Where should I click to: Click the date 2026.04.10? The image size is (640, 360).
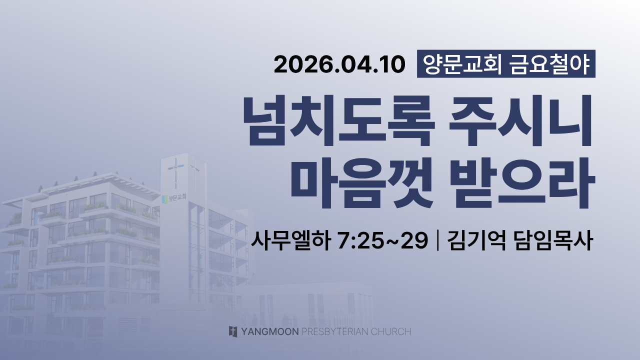pyautogui.click(x=339, y=64)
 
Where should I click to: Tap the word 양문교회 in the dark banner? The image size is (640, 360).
pyautogui.click(x=461, y=64)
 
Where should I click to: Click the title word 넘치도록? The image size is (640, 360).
pyautogui.click(x=339, y=121)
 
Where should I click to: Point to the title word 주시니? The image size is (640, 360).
pyautogui.click(x=520, y=121)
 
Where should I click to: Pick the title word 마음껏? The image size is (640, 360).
pyautogui.click(x=362, y=183)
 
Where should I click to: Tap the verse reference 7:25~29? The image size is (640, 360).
pyautogui.click(x=383, y=241)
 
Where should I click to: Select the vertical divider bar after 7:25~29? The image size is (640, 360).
pyautogui.click(x=437, y=241)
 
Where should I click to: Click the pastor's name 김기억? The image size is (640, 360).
pyautogui.click(x=476, y=240)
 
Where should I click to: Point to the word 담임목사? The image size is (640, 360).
pyautogui.click(x=553, y=240)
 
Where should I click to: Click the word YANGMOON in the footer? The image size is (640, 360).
pyautogui.click(x=270, y=331)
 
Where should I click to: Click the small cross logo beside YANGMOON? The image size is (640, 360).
pyautogui.click(x=233, y=331)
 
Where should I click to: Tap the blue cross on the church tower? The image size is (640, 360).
pyautogui.click(x=175, y=171)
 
